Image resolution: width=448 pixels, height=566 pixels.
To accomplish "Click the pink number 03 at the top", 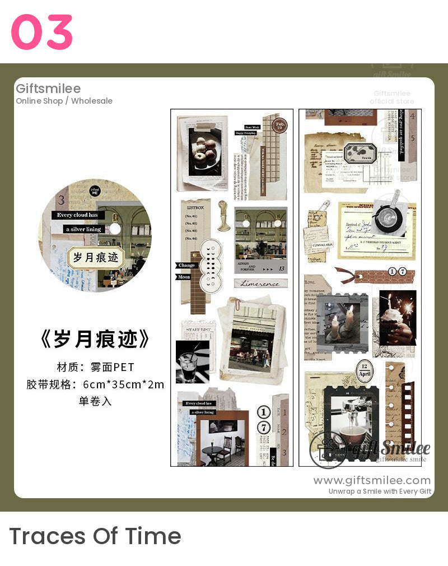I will pyautogui.click(x=42, y=33).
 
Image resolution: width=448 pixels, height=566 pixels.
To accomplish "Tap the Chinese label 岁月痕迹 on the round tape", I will pyautogui.click(x=96, y=258).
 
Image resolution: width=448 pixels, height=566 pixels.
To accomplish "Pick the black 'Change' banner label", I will pyautogui.click(x=186, y=265).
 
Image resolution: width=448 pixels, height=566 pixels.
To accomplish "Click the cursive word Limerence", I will pyautogui.click(x=260, y=284).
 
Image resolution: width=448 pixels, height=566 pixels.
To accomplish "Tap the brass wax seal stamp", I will pyautogui.click(x=224, y=216).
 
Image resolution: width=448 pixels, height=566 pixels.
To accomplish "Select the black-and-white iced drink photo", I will pyautogui.click(x=192, y=361).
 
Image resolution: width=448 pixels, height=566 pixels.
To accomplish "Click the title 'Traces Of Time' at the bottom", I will pyautogui.click(x=95, y=536).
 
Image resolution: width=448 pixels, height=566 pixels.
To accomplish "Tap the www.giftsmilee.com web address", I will pyautogui.click(x=372, y=480).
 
